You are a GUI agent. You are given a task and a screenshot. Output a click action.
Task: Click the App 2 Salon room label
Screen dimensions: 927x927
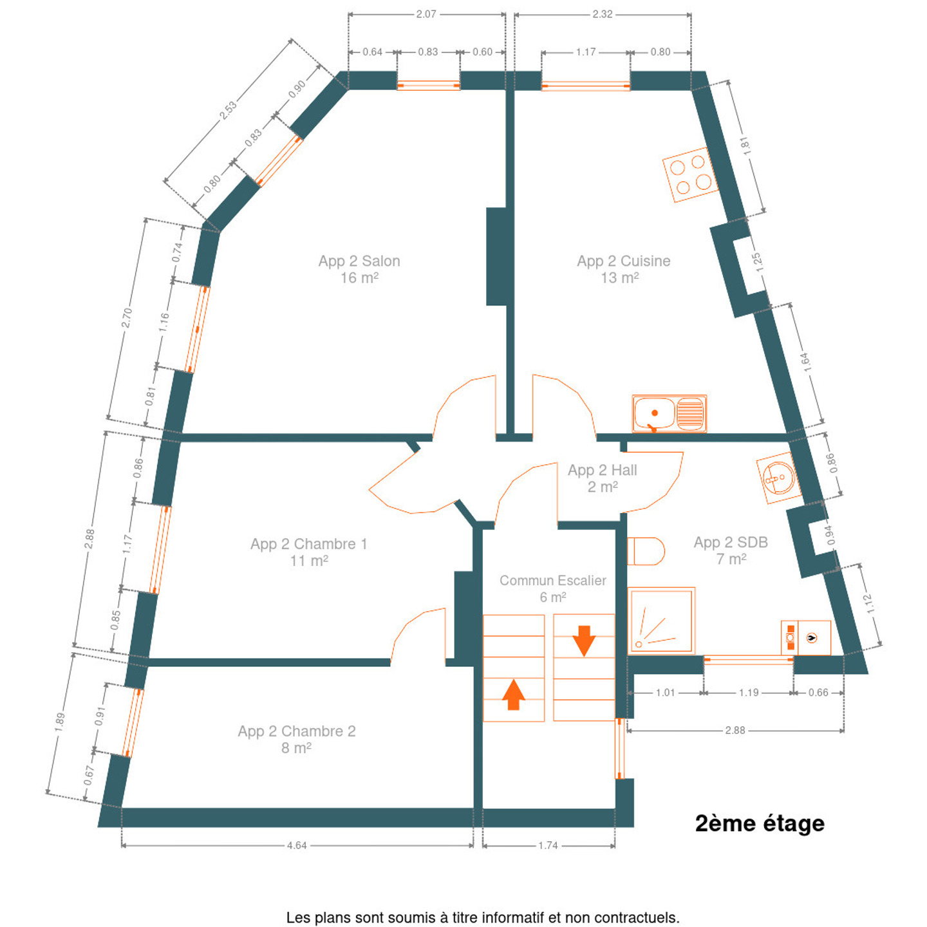tap(359, 269)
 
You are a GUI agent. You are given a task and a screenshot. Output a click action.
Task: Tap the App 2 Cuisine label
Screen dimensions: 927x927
tap(623, 269)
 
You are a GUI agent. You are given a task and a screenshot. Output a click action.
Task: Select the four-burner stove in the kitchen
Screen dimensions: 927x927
tap(690, 174)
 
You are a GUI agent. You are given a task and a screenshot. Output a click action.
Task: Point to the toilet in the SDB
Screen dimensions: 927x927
tap(646, 551)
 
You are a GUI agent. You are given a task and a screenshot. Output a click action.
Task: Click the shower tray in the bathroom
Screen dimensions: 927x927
tap(661, 620)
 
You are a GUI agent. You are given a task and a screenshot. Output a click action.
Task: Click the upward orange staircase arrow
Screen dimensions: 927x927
tap(513, 694)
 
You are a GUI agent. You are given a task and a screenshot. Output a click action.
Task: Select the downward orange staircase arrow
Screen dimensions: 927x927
tap(584, 641)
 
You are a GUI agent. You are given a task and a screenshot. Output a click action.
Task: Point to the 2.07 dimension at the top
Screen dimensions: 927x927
tap(426, 14)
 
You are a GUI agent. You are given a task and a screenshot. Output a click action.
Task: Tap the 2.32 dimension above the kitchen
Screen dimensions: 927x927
tap(603, 14)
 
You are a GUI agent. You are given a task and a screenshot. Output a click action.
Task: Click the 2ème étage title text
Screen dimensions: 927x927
tap(759, 823)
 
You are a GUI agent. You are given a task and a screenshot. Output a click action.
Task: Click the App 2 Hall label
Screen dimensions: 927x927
tap(603, 478)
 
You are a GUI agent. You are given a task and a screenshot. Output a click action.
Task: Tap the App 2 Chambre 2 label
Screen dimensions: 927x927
tap(297, 740)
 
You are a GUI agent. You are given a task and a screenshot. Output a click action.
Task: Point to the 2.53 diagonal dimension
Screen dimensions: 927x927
tap(228, 110)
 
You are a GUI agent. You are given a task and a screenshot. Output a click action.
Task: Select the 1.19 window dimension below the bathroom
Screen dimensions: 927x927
tap(749, 693)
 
